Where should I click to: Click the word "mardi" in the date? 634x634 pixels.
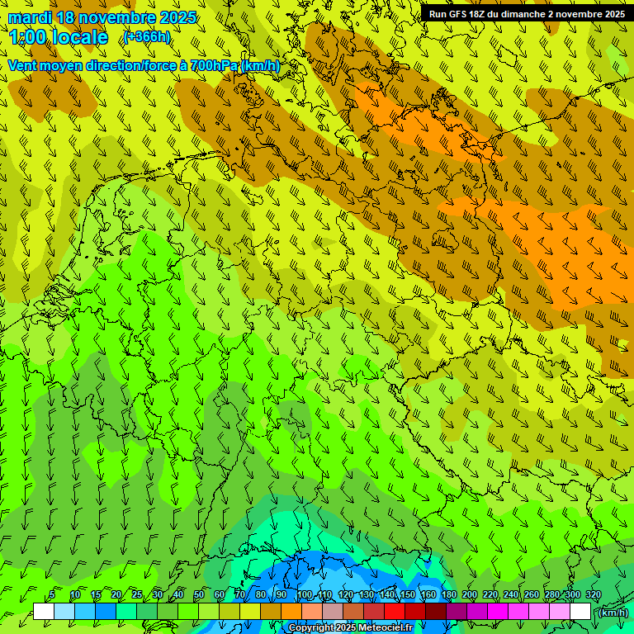(31, 17)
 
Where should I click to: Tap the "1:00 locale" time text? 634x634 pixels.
(58, 37)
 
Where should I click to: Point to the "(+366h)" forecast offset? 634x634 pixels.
(147, 37)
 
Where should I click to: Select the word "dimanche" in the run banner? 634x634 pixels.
(524, 14)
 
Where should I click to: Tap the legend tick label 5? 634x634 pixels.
(52, 595)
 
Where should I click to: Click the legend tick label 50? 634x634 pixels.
(199, 595)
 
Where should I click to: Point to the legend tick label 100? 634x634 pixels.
(305, 595)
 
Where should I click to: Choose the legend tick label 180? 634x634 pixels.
(448, 595)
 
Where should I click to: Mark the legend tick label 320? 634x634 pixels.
(593, 595)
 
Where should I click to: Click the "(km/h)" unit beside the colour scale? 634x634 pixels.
(613, 613)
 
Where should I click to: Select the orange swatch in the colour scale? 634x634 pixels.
(291, 612)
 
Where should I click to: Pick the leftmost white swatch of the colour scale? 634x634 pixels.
(44, 612)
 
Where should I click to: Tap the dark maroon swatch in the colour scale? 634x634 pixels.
(436, 612)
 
